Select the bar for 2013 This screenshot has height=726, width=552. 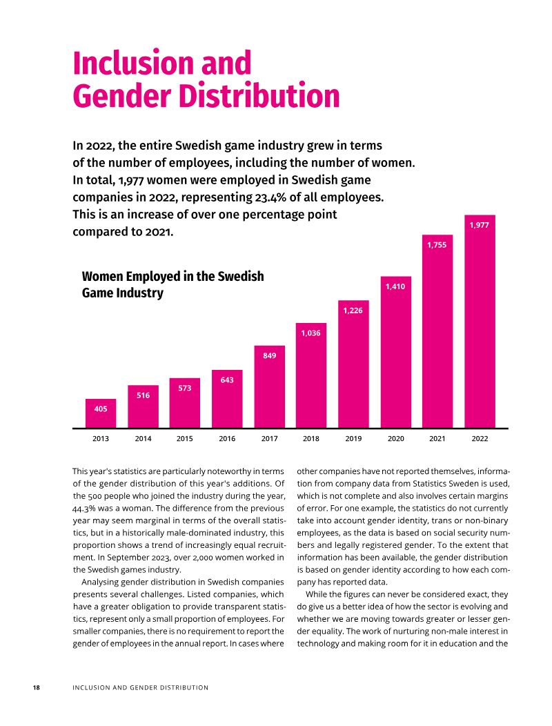tap(101, 413)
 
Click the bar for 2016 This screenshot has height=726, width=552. tap(227, 399)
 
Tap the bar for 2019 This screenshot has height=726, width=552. tap(353, 364)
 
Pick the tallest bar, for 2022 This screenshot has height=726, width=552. tap(480, 322)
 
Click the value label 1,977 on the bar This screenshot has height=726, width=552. tap(480, 225)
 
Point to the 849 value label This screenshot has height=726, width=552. tap(269, 355)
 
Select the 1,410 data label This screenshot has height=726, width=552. tap(395, 286)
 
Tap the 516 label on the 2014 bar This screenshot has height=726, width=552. tap(143, 395)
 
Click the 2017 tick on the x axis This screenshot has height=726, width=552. tap(269, 438)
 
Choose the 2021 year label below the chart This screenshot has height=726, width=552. tap(437, 438)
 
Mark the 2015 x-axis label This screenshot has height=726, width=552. tap(185, 438)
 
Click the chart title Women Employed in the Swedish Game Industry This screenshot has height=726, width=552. tap(172, 284)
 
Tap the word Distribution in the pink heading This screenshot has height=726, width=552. tap(267, 97)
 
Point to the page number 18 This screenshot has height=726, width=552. tap(37, 687)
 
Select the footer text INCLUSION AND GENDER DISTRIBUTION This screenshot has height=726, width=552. tap(140, 687)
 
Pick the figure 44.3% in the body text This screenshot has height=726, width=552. tap(86, 508)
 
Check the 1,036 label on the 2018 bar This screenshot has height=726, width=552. tap(311, 333)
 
